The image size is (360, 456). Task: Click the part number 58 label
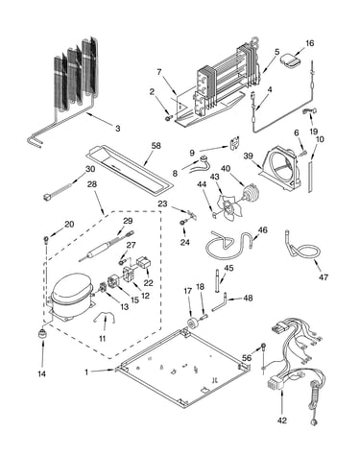click(156, 146)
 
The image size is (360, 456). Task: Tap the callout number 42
click(282, 420)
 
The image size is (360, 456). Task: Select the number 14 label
click(42, 373)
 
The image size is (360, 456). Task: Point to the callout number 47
click(324, 276)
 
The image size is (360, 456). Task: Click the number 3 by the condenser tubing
click(118, 129)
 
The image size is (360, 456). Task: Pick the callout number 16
click(309, 43)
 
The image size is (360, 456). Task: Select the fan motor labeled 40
click(251, 193)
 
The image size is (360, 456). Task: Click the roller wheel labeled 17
click(193, 324)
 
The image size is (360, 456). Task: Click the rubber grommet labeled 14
click(42, 334)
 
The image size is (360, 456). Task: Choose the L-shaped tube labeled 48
click(220, 304)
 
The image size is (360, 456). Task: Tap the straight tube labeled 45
click(218, 281)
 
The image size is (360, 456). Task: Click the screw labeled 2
click(168, 118)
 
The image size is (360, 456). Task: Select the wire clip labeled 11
click(105, 318)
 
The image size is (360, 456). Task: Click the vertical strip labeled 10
click(310, 177)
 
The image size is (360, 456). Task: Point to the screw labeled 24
click(183, 222)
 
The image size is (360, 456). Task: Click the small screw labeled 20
click(46, 239)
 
